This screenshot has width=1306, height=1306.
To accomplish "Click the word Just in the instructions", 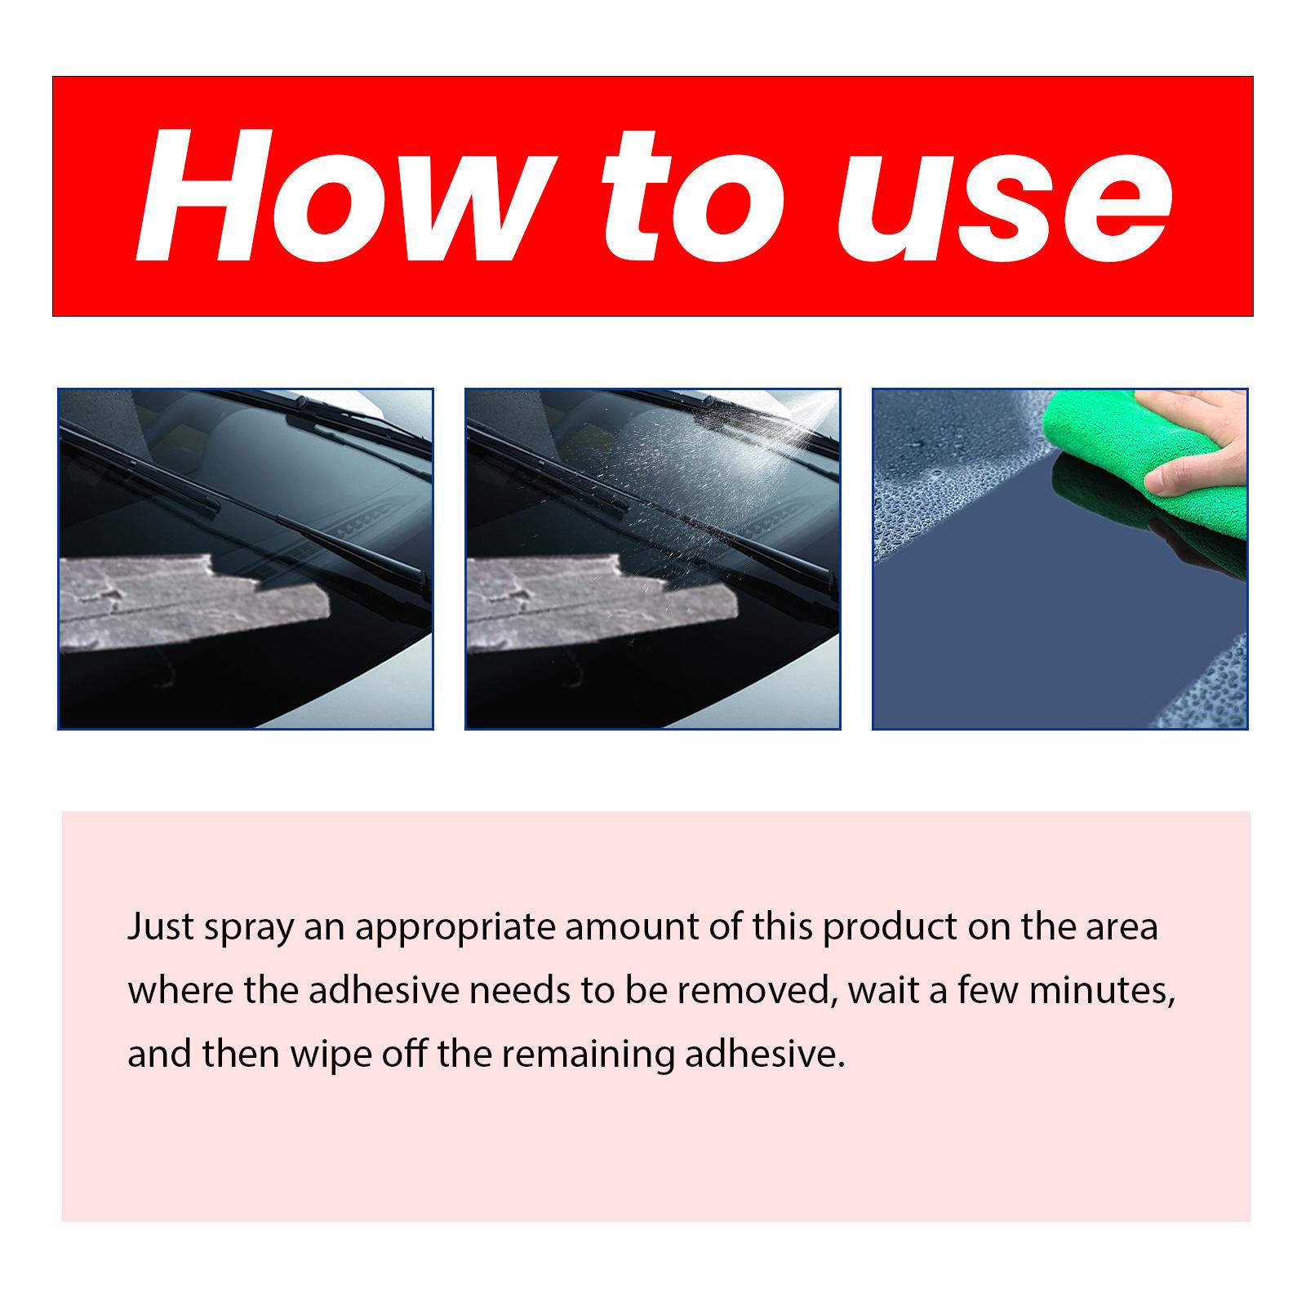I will (x=160, y=928).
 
